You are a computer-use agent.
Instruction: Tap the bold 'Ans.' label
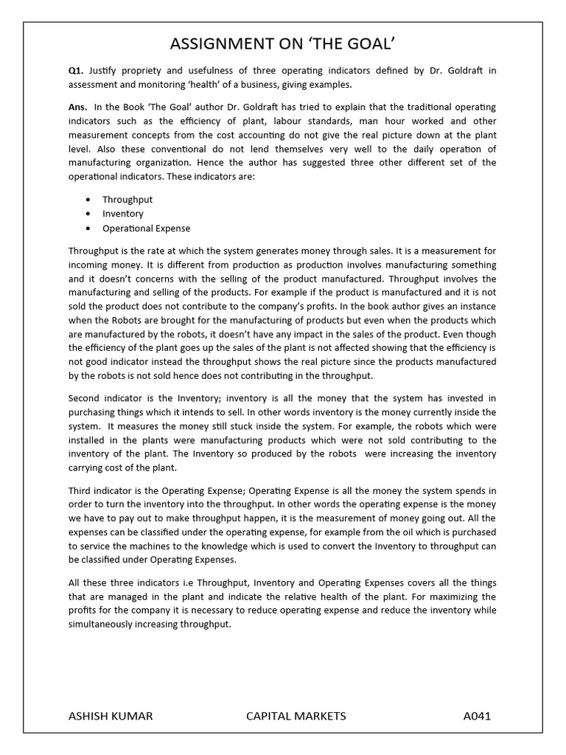pos(78,108)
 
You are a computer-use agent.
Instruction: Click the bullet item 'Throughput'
pos(127,200)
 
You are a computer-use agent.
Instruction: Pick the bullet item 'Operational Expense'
pos(146,229)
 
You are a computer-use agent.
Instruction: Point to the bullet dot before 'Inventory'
pos(88,214)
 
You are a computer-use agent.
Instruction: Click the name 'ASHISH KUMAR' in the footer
pos(111,716)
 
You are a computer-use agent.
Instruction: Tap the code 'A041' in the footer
pos(477,716)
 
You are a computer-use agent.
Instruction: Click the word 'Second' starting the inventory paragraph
pos(84,398)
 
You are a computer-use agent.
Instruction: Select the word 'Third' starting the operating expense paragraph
pos(80,490)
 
